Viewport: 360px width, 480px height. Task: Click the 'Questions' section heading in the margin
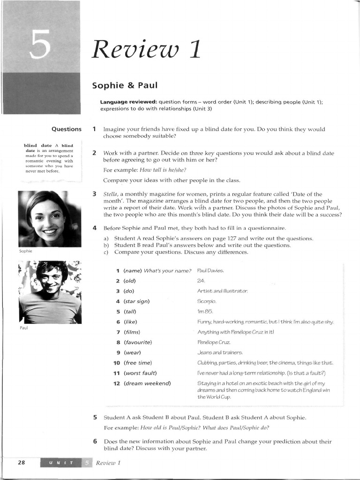pos(66,129)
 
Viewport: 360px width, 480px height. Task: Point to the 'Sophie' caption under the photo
pos(25,251)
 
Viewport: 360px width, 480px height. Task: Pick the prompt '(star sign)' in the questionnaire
pos(136,301)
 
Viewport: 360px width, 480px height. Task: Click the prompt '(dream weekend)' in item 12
pos(147,383)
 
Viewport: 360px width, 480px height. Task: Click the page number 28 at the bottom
pos(21,462)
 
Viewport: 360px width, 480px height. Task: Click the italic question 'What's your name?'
pos(168,270)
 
